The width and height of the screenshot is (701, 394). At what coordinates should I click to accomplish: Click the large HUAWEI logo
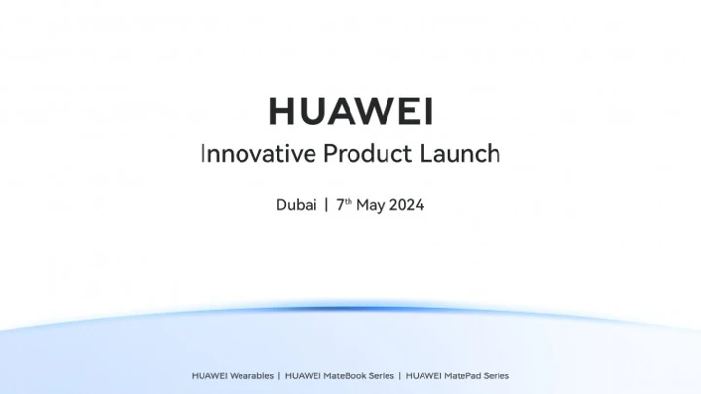[350, 110]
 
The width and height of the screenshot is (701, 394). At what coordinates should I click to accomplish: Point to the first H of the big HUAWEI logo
[281, 110]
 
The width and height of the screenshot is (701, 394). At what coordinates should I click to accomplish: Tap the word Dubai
[296, 206]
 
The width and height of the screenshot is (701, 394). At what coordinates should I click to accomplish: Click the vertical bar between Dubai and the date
[326, 206]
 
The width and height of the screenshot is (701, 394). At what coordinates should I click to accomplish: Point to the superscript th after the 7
[348, 202]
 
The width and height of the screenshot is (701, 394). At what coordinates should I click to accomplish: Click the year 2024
[406, 206]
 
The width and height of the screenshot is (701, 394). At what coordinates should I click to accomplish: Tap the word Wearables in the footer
[249, 375]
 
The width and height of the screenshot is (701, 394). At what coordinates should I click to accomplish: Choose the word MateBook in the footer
[337, 375]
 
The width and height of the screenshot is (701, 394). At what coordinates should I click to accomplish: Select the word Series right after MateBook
[377, 375]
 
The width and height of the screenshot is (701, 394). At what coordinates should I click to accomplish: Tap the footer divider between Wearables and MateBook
[279, 375]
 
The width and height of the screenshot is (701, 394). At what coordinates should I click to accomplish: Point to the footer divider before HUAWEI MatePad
[399, 375]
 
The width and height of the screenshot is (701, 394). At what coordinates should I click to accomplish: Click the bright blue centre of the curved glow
[350, 309]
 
